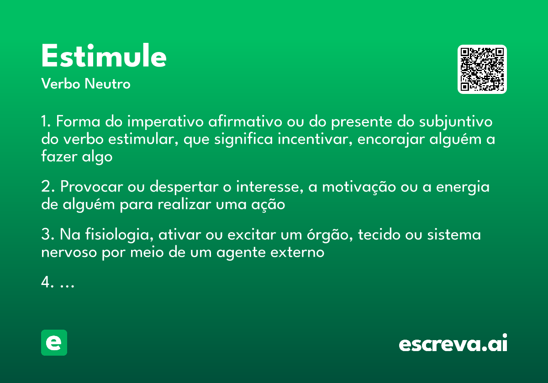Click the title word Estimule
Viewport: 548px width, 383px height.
click(x=104, y=57)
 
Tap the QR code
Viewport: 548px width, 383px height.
click(x=482, y=69)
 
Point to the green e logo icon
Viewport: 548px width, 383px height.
click(x=54, y=342)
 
